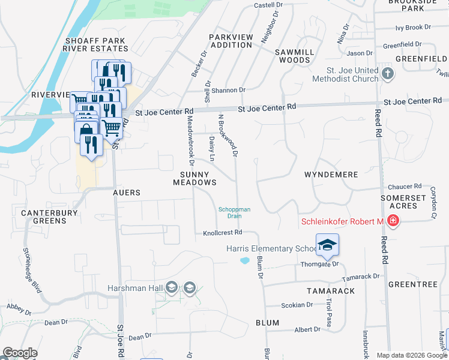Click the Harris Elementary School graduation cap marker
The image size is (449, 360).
pos(327,245)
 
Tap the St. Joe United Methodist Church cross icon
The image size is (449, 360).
pos(388,74)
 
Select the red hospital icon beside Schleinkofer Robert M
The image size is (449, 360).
pos(393,222)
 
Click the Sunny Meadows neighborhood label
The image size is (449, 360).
pos(194,178)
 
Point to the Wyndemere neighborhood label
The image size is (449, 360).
pos(331,175)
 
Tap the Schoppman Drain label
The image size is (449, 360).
pos(234,212)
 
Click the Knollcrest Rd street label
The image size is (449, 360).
pos(222,233)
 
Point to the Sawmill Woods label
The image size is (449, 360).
pos(294,56)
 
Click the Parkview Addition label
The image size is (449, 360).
pos(231,41)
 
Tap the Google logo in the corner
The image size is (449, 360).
pos(20,353)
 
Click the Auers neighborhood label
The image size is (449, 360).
pos(127,193)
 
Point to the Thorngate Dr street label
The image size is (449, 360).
pos(319,264)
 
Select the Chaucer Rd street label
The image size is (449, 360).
pos(405,187)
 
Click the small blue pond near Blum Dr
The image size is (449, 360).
pos(244,260)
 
